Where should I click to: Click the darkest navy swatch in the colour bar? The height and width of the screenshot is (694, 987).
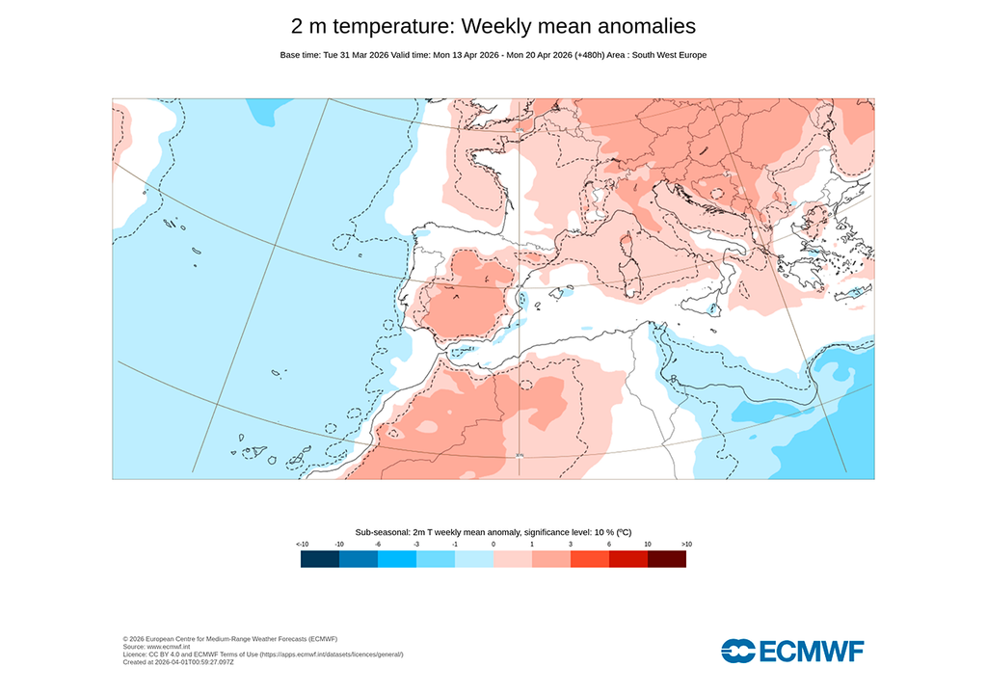pos(320,559)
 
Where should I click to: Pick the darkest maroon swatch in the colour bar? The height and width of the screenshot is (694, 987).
pos(667,559)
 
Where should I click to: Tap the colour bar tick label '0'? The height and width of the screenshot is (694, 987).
pos(493,545)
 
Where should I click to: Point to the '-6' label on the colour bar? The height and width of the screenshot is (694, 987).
pos(378,545)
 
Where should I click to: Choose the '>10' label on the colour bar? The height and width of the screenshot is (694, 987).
pos(686,545)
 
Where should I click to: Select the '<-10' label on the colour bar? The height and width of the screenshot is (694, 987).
pos(302,545)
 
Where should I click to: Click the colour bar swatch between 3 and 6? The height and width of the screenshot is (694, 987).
pos(590,559)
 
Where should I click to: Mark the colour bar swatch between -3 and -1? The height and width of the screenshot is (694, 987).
pos(436,559)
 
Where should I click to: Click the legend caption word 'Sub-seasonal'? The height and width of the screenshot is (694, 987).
pos(382,532)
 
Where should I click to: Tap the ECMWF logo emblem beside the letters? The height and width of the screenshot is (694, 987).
pos(737,651)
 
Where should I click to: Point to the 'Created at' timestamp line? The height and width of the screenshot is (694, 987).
pos(178,662)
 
